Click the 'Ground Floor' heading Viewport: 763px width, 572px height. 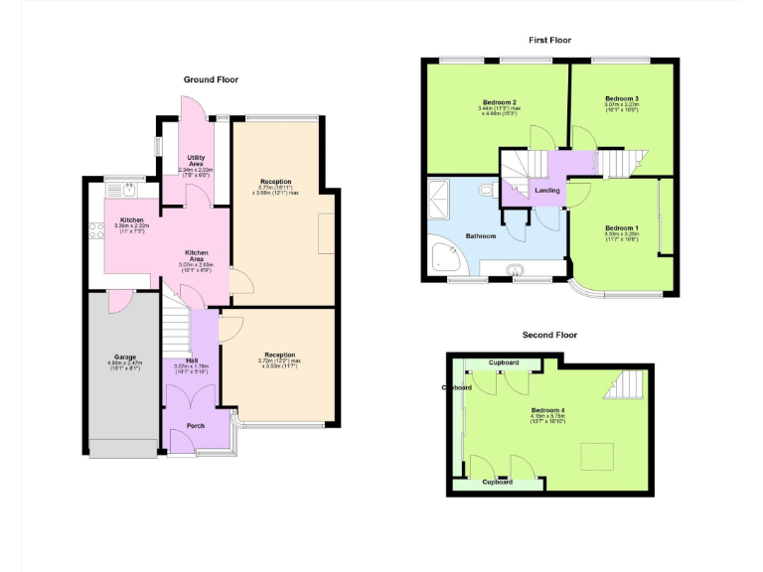(211, 79)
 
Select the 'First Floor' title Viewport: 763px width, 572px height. (549, 41)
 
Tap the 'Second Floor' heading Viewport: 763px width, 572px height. (549, 335)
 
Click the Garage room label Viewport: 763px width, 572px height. (124, 357)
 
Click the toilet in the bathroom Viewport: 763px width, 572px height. (486, 189)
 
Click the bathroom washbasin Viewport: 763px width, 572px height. (515, 268)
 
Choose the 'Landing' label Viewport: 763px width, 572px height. (546, 190)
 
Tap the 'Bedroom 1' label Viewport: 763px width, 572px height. (622, 229)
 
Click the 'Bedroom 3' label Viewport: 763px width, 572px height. (622, 99)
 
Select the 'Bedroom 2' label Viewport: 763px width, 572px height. (499, 102)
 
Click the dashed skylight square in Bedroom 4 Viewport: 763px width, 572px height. (595, 456)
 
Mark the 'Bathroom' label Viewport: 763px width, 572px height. (482, 236)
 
